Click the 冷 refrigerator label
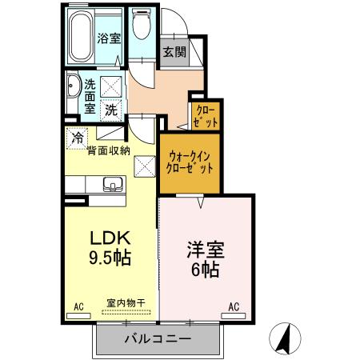[x=78, y=138]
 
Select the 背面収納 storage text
[x=109, y=149]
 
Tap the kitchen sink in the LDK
[x=110, y=188]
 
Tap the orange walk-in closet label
[x=189, y=162]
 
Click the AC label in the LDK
[x=78, y=306]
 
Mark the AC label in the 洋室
[x=235, y=306]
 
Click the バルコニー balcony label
[x=157, y=339]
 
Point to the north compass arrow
[x=284, y=337]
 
